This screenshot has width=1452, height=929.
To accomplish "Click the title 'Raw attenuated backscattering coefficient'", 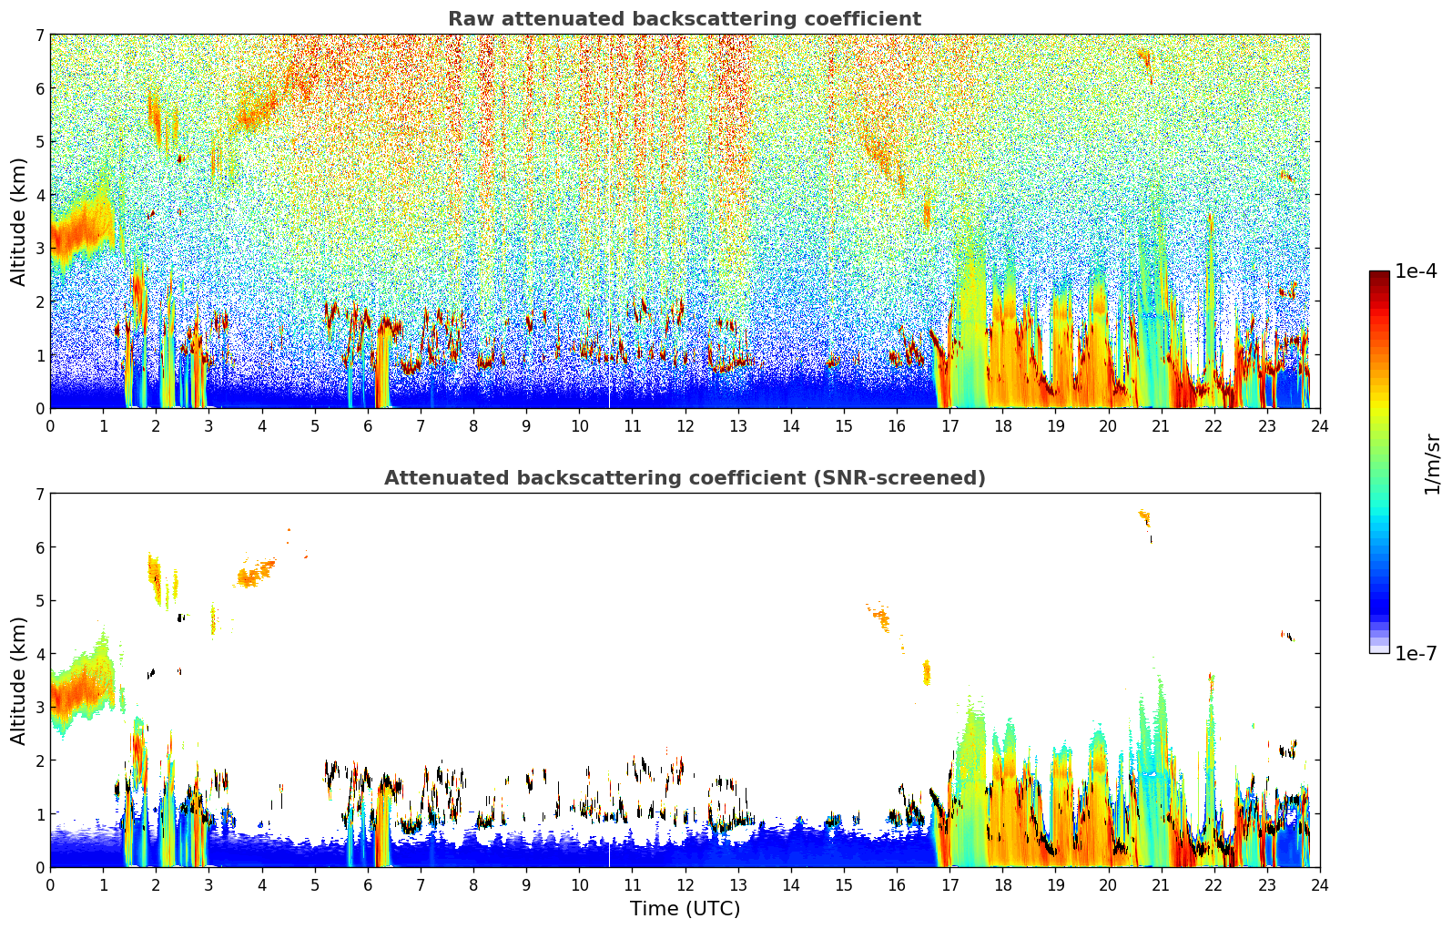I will click(x=684, y=19).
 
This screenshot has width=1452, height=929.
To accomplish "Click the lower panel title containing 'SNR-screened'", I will click(x=684, y=478).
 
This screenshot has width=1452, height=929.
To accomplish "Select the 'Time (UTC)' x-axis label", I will click(x=685, y=909).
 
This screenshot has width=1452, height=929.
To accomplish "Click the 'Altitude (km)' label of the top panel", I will click(x=19, y=221).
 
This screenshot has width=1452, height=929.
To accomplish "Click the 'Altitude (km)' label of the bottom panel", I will click(x=19, y=680).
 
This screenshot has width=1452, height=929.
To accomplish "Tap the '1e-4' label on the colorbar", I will click(x=1416, y=271).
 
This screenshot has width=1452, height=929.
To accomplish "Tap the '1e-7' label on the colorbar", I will click(x=1416, y=653).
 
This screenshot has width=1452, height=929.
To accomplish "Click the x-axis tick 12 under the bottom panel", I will click(x=685, y=884).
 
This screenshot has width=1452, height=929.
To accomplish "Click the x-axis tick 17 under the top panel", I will click(x=949, y=425).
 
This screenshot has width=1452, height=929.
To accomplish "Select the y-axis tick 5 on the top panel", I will click(x=40, y=141).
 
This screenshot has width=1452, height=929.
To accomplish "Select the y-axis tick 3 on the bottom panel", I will click(x=40, y=707).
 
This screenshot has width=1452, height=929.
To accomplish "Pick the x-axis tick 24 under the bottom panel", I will click(x=1319, y=884).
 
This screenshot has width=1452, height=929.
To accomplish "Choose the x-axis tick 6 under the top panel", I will click(x=368, y=425).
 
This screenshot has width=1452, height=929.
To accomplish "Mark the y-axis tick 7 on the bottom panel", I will click(x=40, y=495).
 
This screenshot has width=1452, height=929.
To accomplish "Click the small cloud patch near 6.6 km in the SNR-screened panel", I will click(x=1145, y=518).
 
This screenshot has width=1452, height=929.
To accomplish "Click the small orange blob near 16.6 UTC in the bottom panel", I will click(x=927, y=673).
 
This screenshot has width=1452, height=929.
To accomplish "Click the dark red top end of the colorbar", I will click(x=1378, y=276).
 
